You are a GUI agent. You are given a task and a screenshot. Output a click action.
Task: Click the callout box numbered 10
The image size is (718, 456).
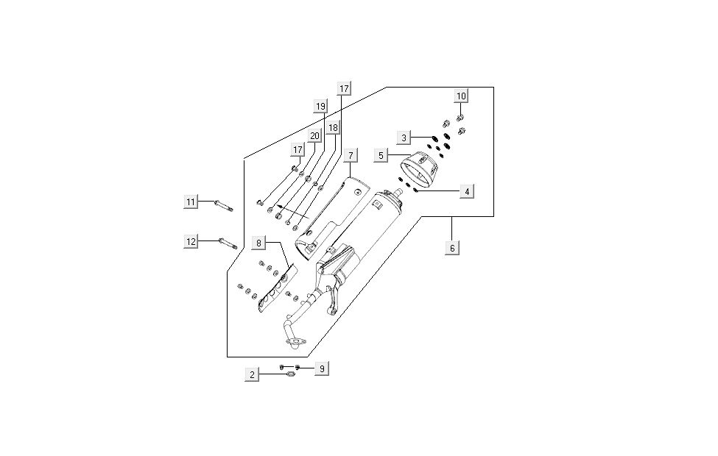coord(461,96)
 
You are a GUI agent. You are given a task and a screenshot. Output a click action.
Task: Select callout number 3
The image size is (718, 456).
coord(404,138)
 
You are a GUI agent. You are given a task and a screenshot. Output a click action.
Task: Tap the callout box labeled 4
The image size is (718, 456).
coord(466,191)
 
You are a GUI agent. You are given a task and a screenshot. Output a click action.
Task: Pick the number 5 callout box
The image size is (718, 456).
coord(381,155)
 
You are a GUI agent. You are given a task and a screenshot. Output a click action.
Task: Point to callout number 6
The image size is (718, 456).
coord(453,248)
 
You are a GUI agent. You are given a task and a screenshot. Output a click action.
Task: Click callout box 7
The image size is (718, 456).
coord(351,155)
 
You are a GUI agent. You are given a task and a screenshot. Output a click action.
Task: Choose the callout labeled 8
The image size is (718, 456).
coord(258,242)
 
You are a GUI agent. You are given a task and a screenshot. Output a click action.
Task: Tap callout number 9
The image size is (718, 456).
coord(320,368)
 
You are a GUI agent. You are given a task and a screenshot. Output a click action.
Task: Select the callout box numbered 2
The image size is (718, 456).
coord(253,375)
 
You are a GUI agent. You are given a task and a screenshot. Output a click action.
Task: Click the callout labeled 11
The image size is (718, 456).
coord(191,202)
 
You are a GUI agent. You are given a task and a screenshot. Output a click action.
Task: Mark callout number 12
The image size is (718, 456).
coord(191,241)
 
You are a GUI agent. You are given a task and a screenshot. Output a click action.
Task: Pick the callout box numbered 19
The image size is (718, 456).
coord(320,107)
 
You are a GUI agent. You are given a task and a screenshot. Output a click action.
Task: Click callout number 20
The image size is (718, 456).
coord(314,136)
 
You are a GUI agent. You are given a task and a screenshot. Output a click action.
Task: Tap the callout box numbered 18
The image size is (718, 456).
coord(333,128)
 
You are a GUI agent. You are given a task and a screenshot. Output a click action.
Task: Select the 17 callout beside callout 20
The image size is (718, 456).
coord(298,150)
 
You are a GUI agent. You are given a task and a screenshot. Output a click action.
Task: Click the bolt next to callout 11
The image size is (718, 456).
coord(223,204)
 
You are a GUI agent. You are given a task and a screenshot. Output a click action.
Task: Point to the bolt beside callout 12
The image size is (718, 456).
coord(227,241)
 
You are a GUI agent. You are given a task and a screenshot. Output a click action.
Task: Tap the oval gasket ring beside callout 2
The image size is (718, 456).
coord(290,375)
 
